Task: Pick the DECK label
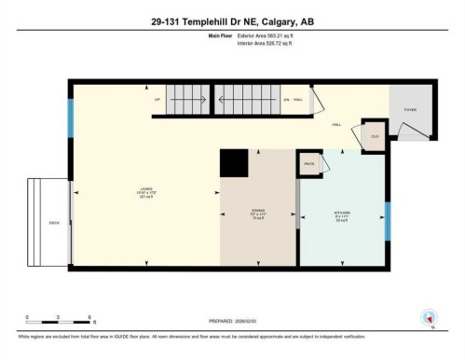54,223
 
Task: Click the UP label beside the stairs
157,98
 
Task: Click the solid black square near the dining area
234,164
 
